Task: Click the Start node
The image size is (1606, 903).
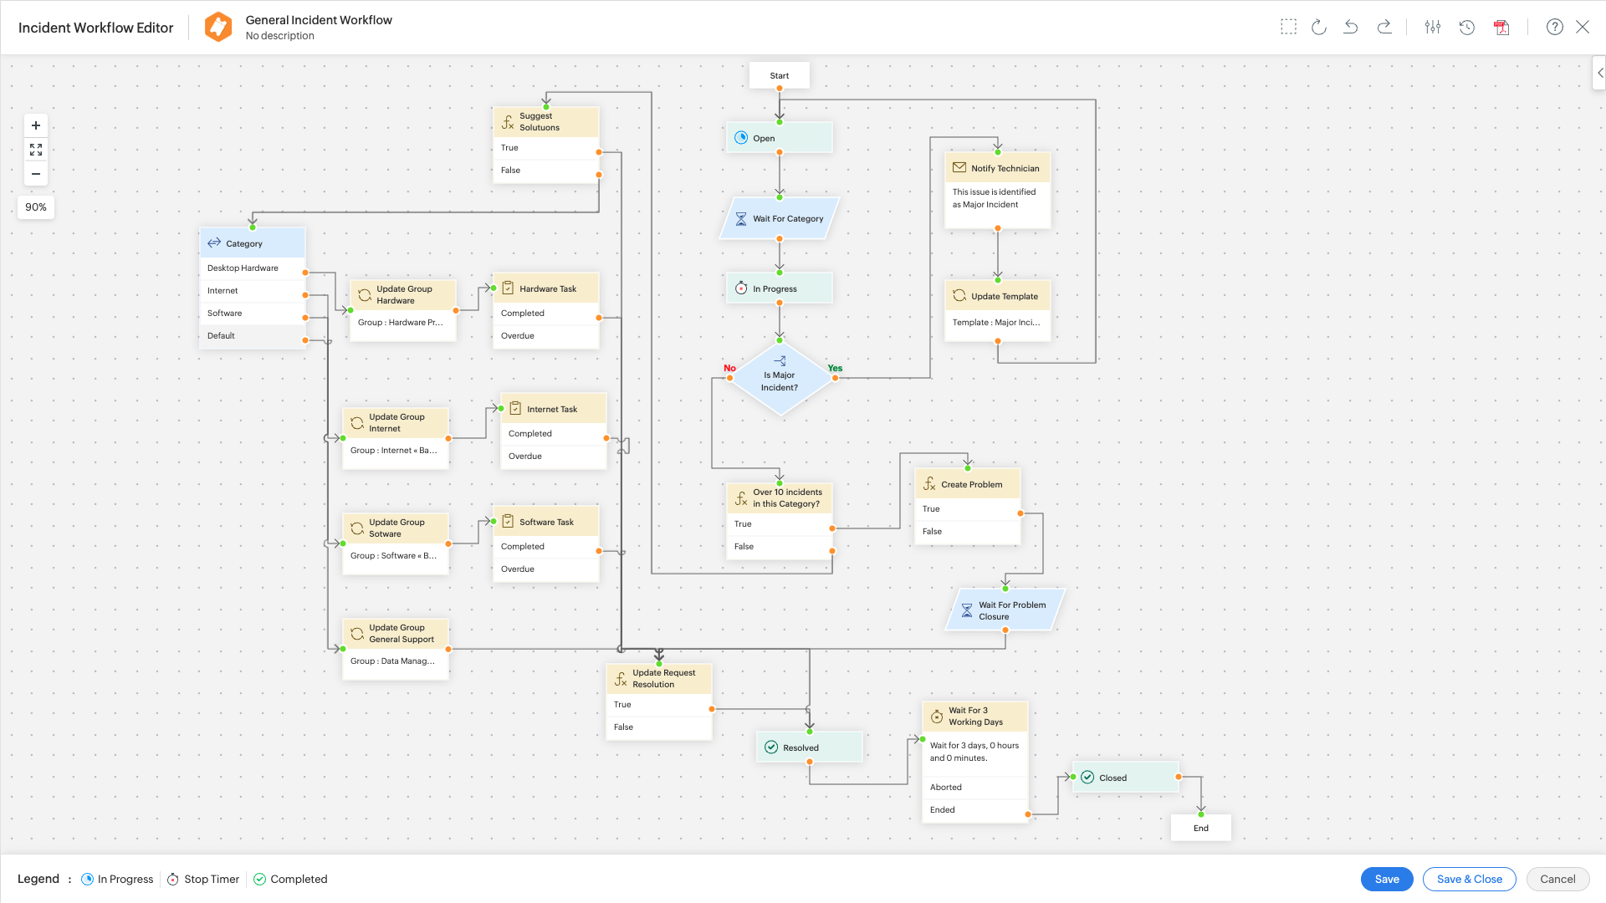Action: pyautogui.click(x=779, y=75)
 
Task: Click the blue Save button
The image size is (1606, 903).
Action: pyautogui.click(x=1386, y=879)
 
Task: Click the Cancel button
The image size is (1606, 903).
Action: pyautogui.click(x=1557, y=879)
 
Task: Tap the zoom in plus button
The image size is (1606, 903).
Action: pyautogui.click(x=36, y=125)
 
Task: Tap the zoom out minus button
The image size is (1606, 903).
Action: pyautogui.click(x=36, y=174)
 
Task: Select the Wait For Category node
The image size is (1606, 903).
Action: pyautogui.click(x=780, y=218)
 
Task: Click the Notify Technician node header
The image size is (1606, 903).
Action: pyautogui.click(x=997, y=168)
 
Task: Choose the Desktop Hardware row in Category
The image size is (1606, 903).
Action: pyautogui.click(x=252, y=268)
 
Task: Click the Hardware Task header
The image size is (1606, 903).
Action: pyautogui.click(x=546, y=288)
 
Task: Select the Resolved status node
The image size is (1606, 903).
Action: pyautogui.click(x=809, y=747)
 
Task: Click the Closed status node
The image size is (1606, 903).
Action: pyautogui.click(x=1125, y=778)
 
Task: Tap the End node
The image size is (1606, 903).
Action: pyautogui.click(x=1200, y=828)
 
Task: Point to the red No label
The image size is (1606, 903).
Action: pyautogui.click(x=729, y=368)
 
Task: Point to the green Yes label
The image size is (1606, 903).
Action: pyautogui.click(x=835, y=368)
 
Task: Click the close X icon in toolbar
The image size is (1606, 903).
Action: pyautogui.click(x=1583, y=27)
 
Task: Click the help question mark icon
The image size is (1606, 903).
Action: pyautogui.click(x=1554, y=27)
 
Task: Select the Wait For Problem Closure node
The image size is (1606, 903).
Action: pyautogui.click(x=1005, y=610)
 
